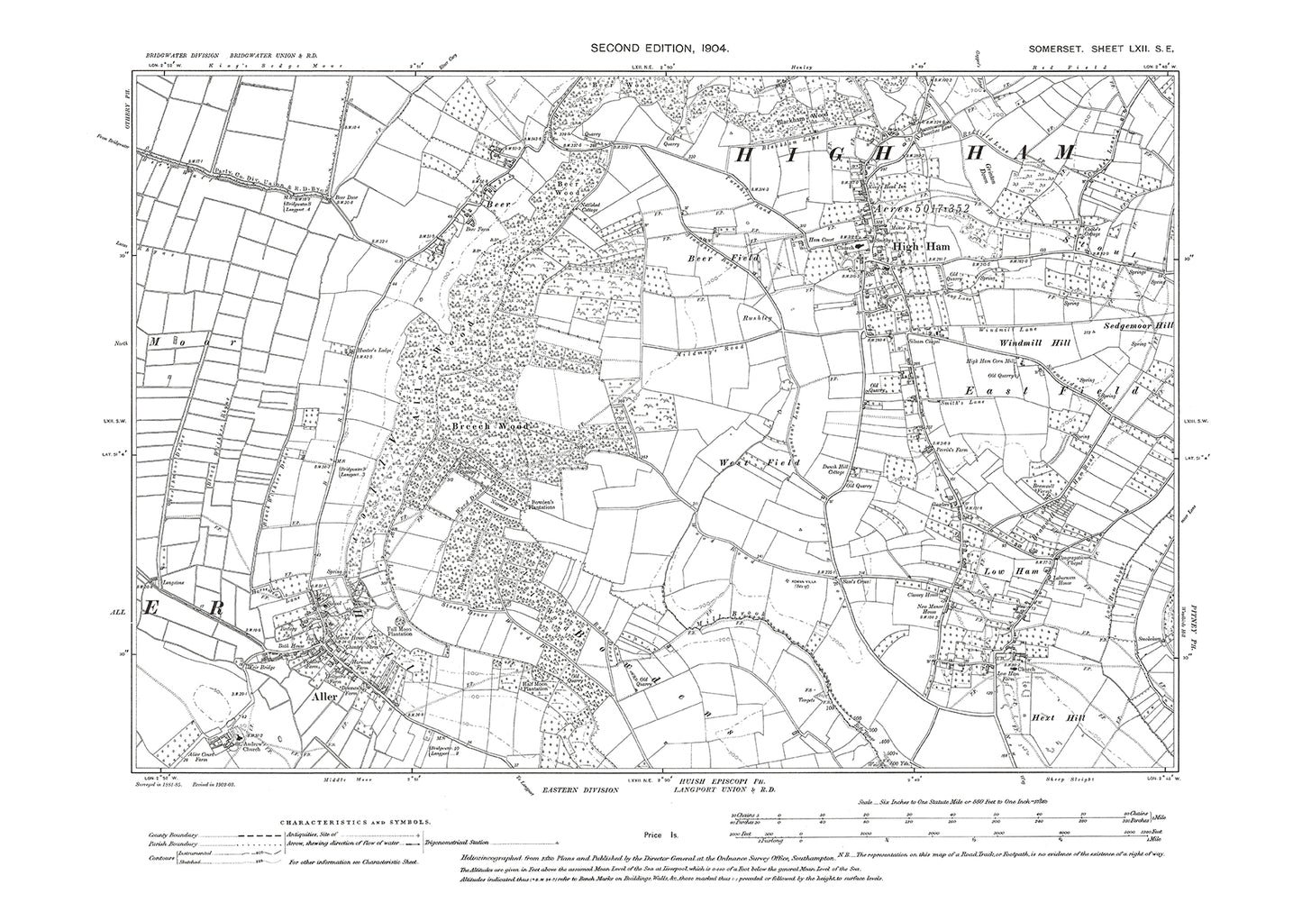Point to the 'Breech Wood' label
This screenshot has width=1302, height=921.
coord(477,425)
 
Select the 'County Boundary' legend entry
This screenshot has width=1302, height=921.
coord(176,835)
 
